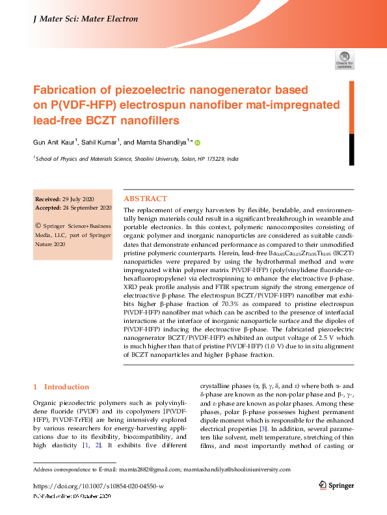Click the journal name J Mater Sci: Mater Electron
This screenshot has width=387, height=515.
pos(85,19)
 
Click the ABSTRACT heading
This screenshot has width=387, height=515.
pos(145,199)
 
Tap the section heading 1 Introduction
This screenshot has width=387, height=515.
pos(61,387)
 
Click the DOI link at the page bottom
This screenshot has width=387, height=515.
pos(98,486)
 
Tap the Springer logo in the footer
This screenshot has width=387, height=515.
pos(336,486)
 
